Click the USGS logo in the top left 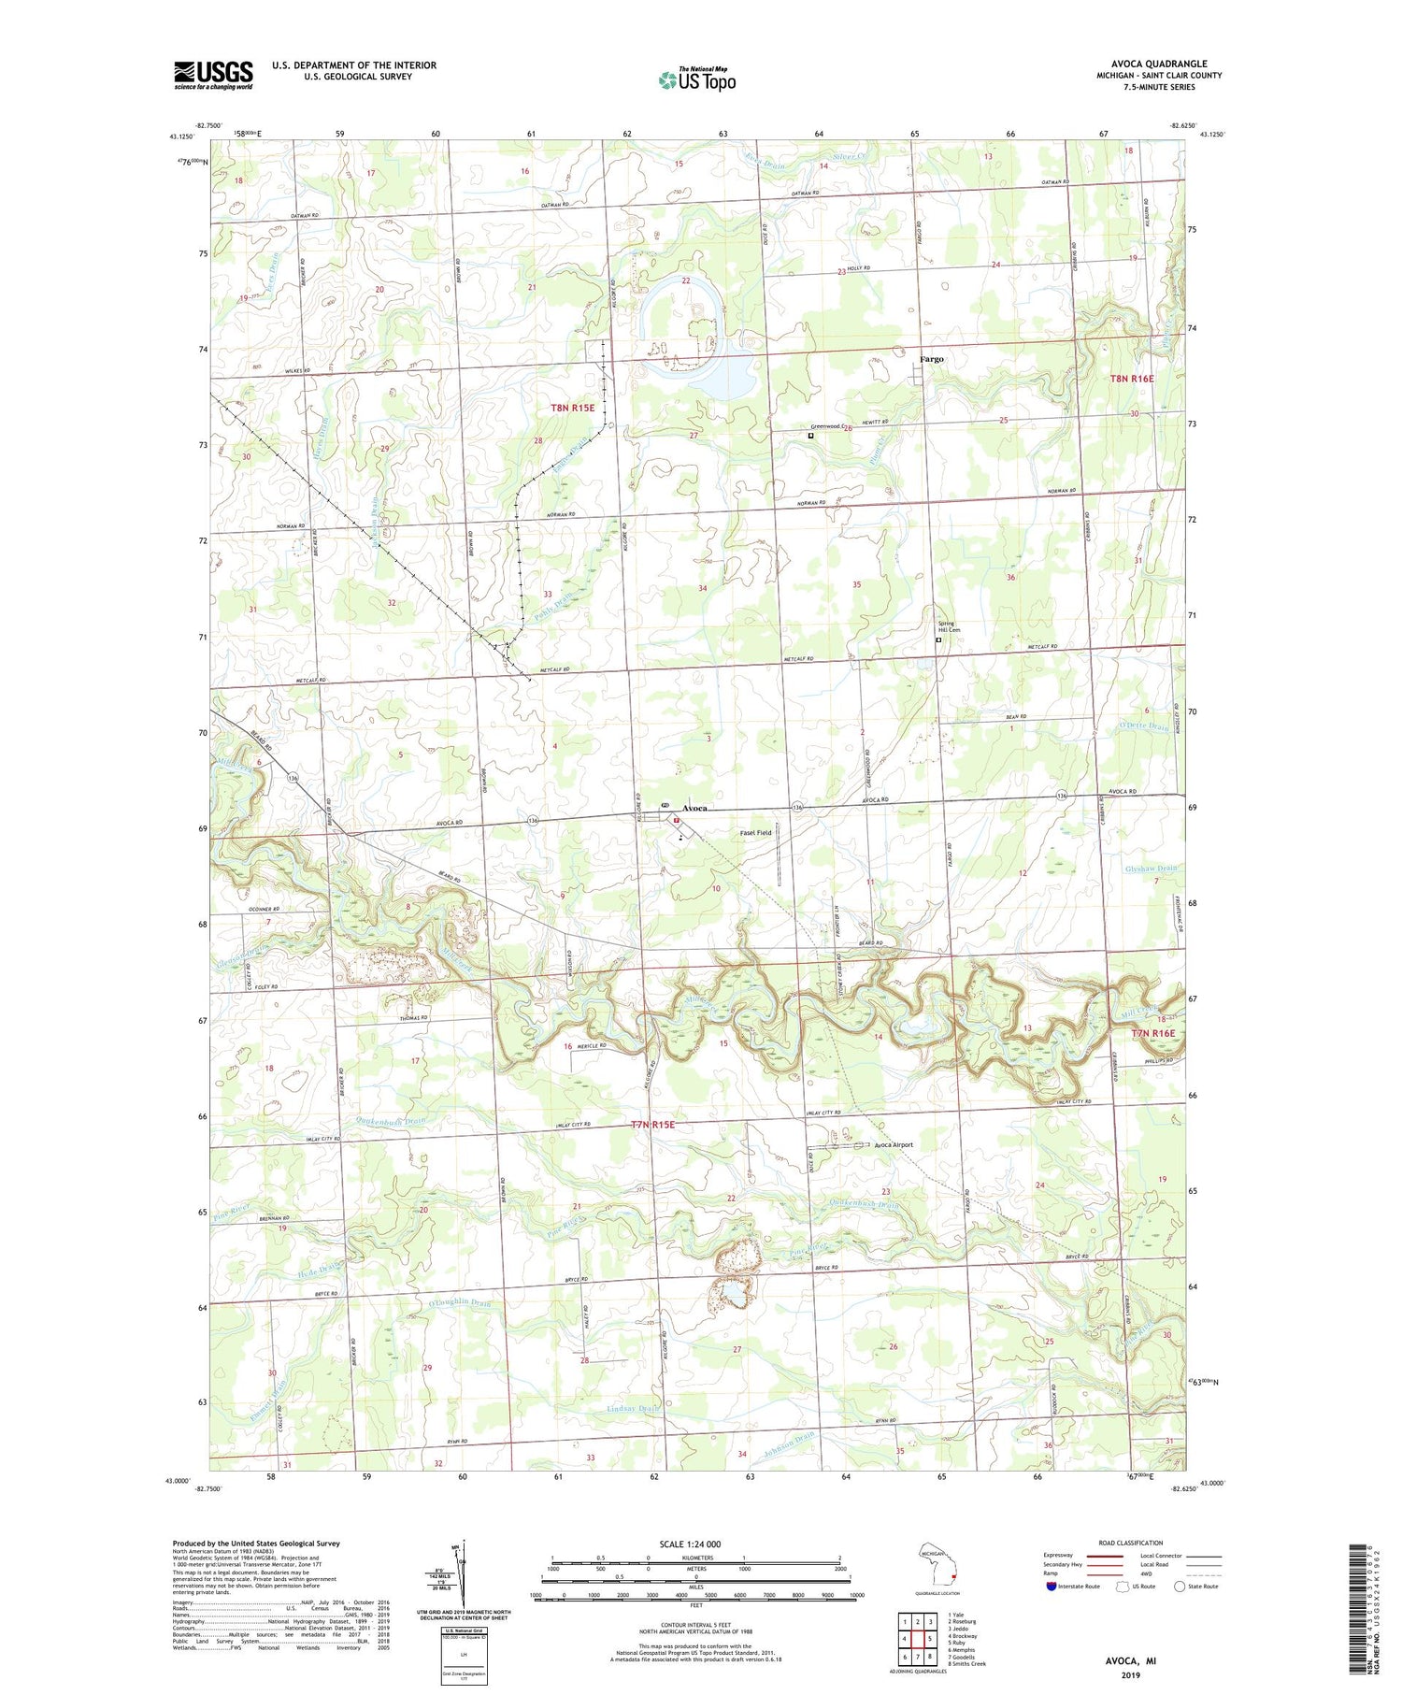[x=213, y=75]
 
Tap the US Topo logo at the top [x=696, y=80]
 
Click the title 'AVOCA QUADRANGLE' [x=1154, y=64]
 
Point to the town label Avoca [x=701, y=808]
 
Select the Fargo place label [x=931, y=359]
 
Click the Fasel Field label [x=755, y=832]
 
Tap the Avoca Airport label [x=894, y=1144]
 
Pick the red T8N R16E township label [x=1132, y=379]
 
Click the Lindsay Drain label [x=633, y=1408]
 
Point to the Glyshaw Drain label [x=1150, y=869]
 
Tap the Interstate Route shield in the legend [x=1051, y=1586]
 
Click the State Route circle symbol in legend [x=1180, y=1586]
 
